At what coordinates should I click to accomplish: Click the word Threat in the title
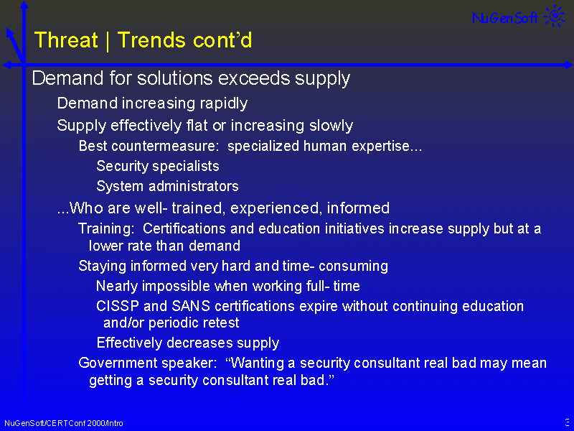[66, 40]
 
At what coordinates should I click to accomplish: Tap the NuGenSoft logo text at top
[505, 17]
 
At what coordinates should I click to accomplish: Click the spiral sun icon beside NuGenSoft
[555, 15]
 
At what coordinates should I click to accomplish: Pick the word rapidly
[224, 103]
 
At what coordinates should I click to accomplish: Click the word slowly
[331, 126]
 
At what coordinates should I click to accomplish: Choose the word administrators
[194, 186]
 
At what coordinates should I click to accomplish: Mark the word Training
[106, 229]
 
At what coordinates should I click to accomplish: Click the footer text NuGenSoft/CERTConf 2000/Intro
[64, 423]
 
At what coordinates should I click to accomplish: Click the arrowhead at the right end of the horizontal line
[569, 65]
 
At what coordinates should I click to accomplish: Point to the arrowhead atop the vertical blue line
[24, 4]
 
